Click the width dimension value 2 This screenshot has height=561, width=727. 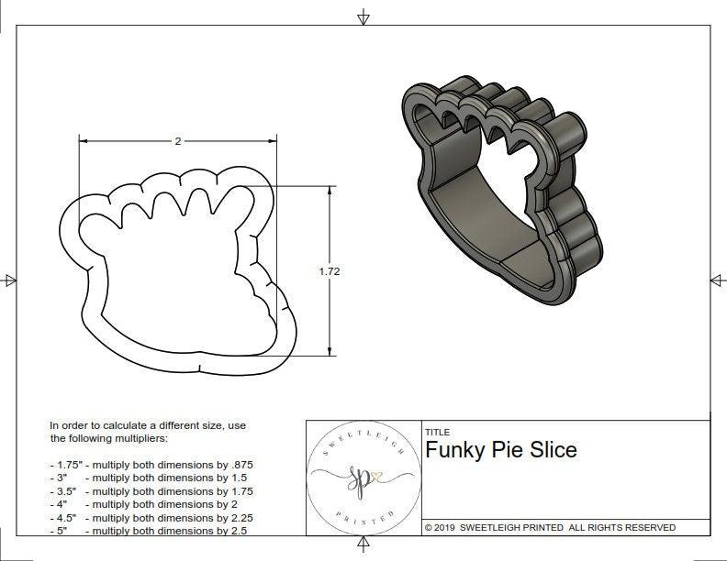point(177,141)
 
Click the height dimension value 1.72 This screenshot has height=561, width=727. point(329,271)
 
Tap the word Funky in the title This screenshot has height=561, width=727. point(454,450)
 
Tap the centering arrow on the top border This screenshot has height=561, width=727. point(363,16)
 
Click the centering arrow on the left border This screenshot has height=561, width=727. point(10,280)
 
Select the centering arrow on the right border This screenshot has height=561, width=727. point(717,280)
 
